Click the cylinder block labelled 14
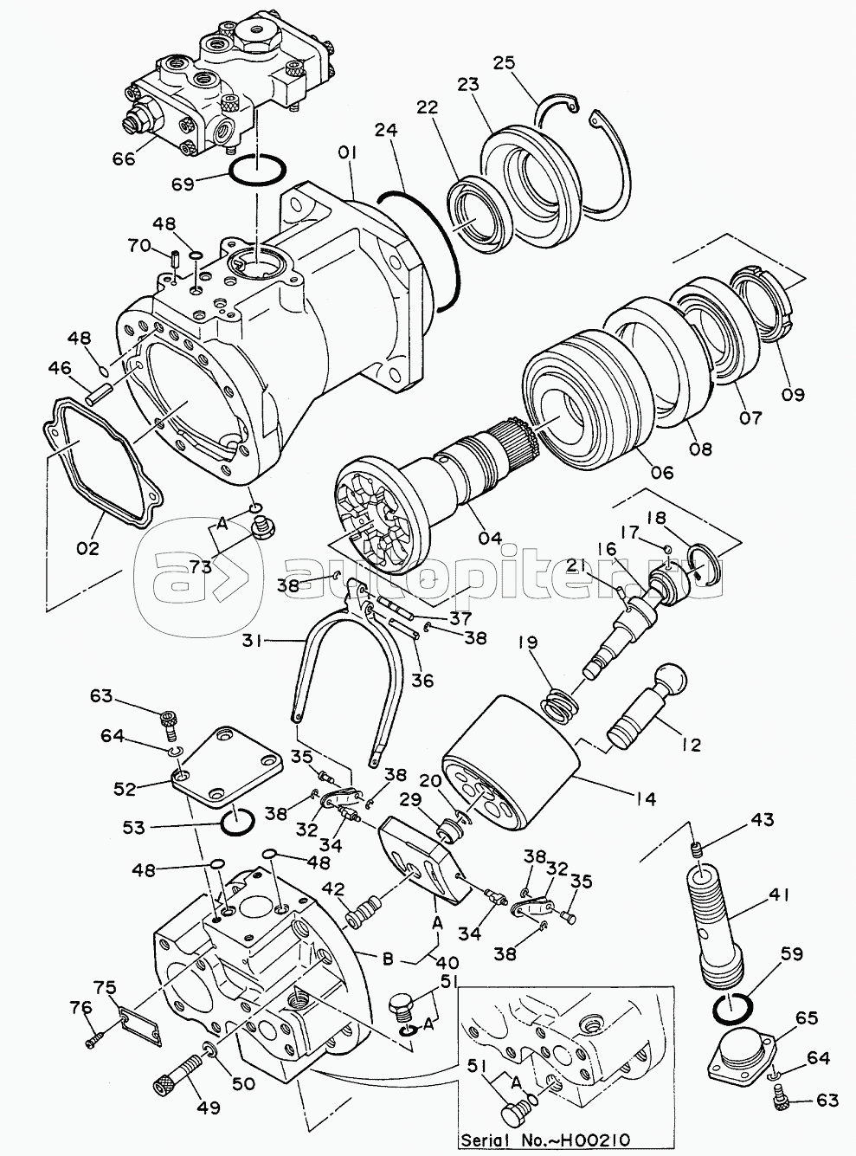tap(512, 763)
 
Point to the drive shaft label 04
tap(490, 537)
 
